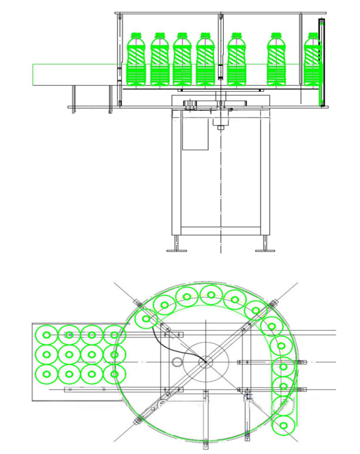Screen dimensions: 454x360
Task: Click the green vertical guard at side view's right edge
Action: pyautogui.click(x=321, y=62)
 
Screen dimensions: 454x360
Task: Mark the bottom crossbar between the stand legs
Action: pyautogui.click(x=220, y=230)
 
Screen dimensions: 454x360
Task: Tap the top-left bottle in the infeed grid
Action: pyautogui.click(x=46, y=335)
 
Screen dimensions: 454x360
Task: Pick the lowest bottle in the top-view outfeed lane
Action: pyautogui.click(x=286, y=425)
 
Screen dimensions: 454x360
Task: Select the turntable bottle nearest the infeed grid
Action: pyautogui.click(x=147, y=320)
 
